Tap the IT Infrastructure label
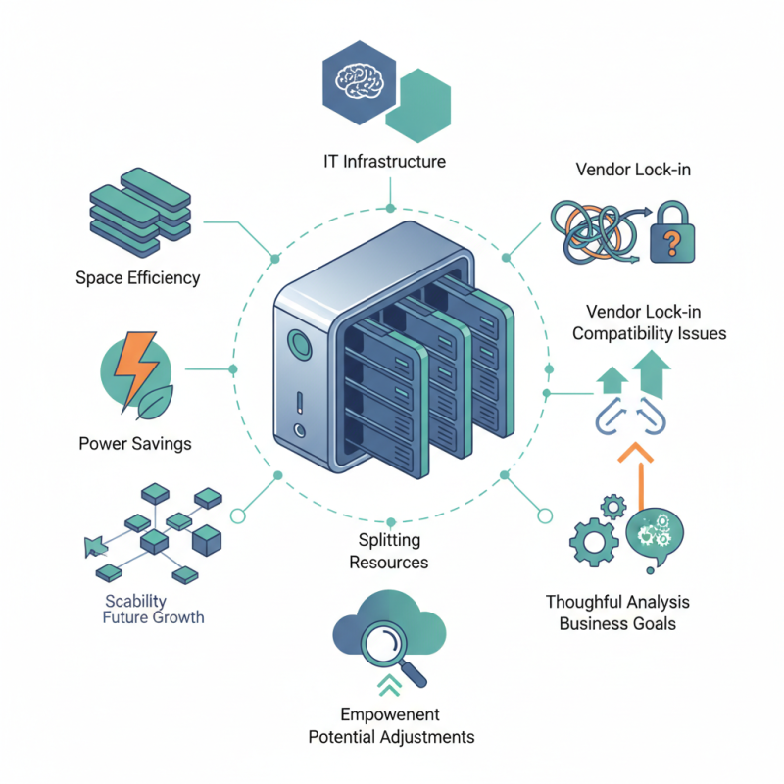tap(385, 161)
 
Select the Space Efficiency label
tap(137, 277)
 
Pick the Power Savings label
tap(134, 443)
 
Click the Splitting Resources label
tap(389, 551)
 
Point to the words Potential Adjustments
tap(391, 736)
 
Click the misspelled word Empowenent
tap(390, 714)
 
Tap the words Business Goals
tap(617, 623)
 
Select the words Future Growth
tap(154, 617)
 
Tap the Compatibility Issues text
tap(649, 333)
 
